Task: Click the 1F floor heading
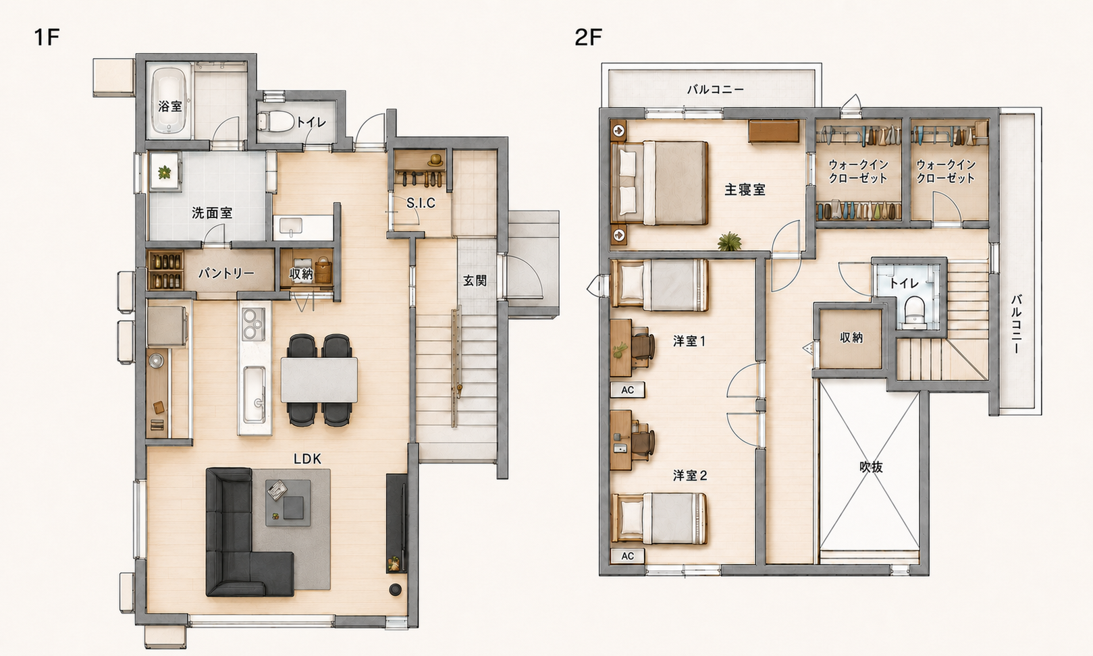pos(47,38)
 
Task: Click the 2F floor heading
pos(589,38)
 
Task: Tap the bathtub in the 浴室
pos(169,101)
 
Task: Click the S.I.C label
pos(421,203)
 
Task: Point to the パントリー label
pos(226,273)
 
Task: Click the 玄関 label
pos(475,281)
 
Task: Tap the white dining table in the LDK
pos(319,380)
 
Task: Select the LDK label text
pos(307,459)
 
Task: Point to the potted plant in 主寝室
pos(730,242)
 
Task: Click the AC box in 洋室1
pos(627,389)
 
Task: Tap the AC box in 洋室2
pos(627,556)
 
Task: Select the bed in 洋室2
pos(659,518)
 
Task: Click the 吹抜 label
pos(870,467)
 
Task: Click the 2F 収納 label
pos(851,337)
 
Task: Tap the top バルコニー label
pos(716,90)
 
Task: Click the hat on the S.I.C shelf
pos(435,160)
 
